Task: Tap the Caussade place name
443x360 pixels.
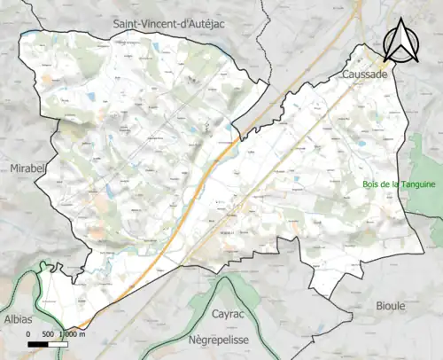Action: (362, 76)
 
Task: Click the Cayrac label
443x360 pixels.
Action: (228, 314)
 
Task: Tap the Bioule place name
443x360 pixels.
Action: (386, 305)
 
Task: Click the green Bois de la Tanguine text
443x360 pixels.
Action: (400, 184)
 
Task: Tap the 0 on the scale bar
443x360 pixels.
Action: (28, 333)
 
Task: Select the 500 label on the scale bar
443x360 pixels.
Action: (49, 333)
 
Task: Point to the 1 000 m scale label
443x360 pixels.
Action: (72, 333)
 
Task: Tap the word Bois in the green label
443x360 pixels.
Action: (371, 184)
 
